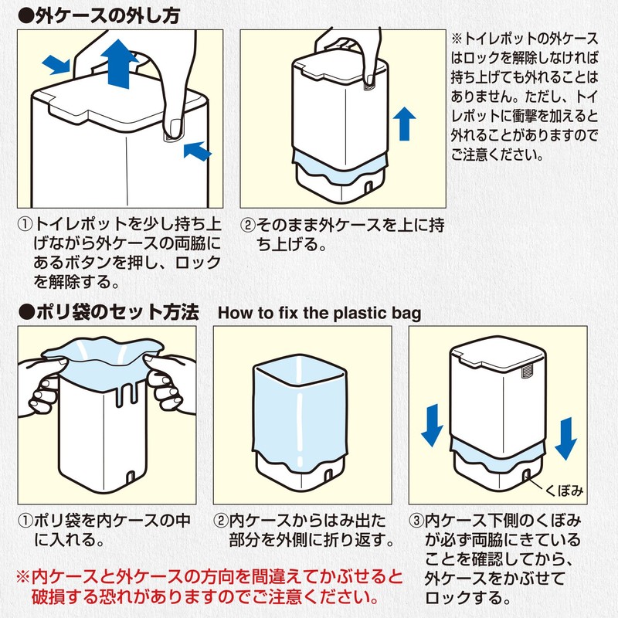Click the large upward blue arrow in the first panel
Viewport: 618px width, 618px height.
120,63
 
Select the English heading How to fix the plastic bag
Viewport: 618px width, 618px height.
320,314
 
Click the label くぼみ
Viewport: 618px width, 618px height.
564,491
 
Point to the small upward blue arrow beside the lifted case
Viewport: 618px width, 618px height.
404,124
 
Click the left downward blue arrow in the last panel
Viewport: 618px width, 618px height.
433,426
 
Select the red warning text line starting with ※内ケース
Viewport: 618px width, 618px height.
209,577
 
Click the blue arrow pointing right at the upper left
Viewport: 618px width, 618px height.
56,64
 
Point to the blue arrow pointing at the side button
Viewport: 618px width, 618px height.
198,151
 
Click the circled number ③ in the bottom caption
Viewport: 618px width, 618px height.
416,521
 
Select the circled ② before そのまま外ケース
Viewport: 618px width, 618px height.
248,225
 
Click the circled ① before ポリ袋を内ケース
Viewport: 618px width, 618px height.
25,521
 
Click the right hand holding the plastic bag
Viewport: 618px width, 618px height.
170,384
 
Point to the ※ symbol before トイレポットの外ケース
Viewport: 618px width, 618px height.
457,39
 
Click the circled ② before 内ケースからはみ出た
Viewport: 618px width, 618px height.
221,521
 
